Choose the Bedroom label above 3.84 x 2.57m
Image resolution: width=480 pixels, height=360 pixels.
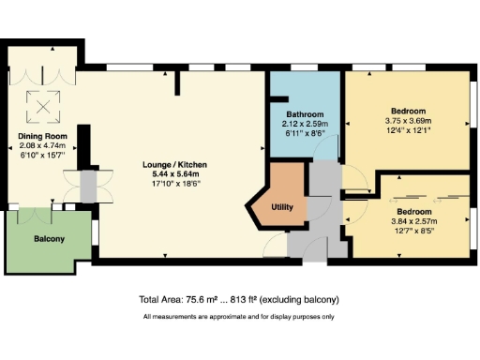(407, 213)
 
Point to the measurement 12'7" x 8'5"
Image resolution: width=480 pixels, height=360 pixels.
(407, 231)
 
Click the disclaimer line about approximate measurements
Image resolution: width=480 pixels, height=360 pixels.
(239, 317)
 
